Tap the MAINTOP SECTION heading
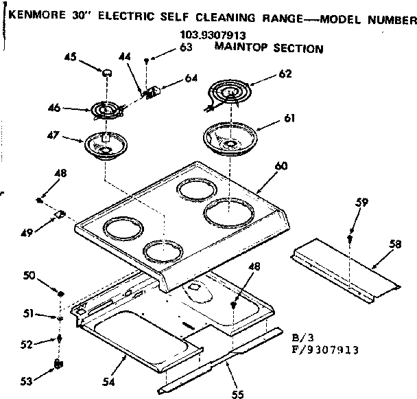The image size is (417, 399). pos(268,48)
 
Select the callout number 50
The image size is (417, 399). pos(29,276)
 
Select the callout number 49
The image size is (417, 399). pos(27,232)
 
